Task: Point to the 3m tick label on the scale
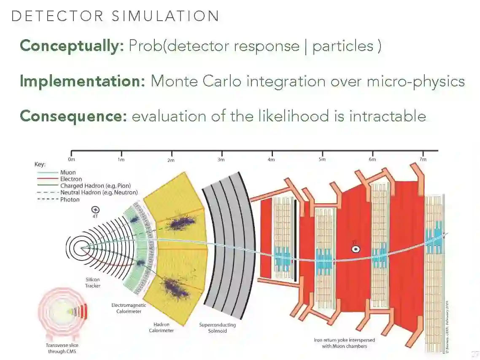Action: pyautogui.click(x=221, y=160)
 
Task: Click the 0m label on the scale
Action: pyautogui.click(x=71, y=159)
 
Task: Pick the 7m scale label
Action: pyautogui.click(x=423, y=159)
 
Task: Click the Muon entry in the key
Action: pyautogui.click(x=68, y=172)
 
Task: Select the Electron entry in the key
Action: pyautogui.click(x=71, y=179)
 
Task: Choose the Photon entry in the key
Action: pyautogui.click(x=70, y=199)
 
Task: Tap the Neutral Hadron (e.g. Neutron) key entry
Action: pyautogui.click(x=99, y=193)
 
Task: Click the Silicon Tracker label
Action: pyautogui.click(x=93, y=282)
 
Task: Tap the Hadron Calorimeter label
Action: pyautogui.click(x=161, y=328)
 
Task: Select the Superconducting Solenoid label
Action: pyautogui.click(x=217, y=328)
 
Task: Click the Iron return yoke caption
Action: pyautogui.click(x=344, y=343)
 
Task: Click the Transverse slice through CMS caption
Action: pyautogui.click(x=61, y=348)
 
